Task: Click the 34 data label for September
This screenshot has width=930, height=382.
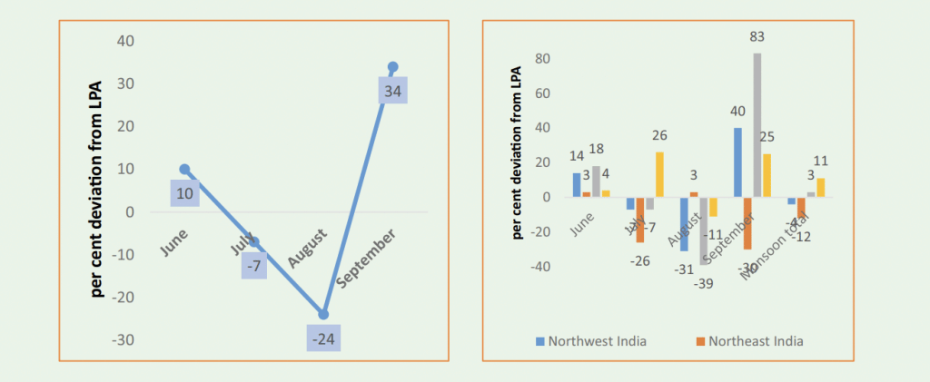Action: [x=393, y=91]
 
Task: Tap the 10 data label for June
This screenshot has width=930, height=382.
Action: [x=184, y=192]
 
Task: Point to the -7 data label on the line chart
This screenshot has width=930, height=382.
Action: [x=255, y=266]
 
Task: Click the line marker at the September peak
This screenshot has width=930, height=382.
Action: [x=392, y=67]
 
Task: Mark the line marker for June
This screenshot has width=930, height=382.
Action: [x=184, y=170]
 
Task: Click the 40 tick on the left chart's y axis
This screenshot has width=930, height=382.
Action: [x=124, y=42]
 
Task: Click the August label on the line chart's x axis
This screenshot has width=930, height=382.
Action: [x=306, y=248]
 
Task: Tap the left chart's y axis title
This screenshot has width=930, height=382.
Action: [x=95, y=190]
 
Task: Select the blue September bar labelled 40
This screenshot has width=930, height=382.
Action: [x=737, y=162]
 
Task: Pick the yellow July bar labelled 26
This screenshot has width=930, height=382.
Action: [x=659, y=174]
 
